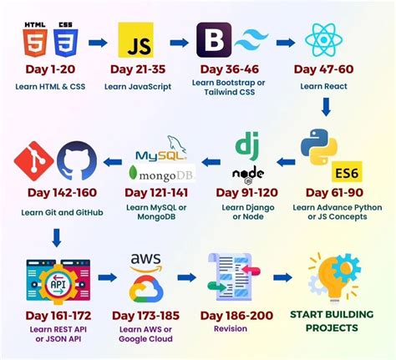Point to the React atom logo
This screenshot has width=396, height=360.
(322, 39)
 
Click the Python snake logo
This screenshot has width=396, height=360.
(318, 149)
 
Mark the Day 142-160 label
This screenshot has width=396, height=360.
(57, 194)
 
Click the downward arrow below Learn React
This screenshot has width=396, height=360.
(326, 106)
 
